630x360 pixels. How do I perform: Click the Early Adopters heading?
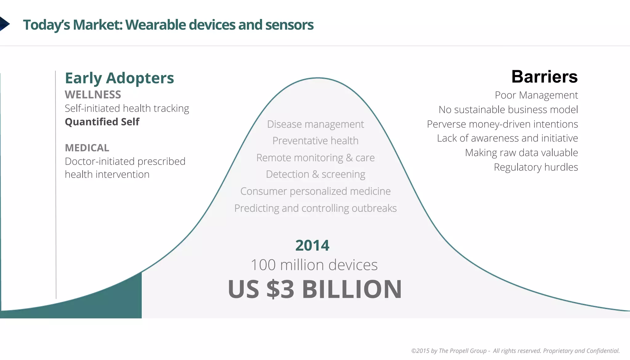[x=119, y=78]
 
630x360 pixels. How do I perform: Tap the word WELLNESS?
[x=93, y=95]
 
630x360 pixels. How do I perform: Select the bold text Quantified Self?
[x=102, y=122]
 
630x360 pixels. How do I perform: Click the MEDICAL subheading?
[x=87, y=148]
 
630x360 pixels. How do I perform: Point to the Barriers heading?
[x=544, y=77]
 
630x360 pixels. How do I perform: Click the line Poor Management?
[x=536, y=95]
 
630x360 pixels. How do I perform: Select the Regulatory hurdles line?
[x=536, y=167]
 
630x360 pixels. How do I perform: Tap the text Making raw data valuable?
[x=521, y=153]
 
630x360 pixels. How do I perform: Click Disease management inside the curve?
[x=315, y=124]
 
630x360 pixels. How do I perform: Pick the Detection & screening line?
[x=315, y=174]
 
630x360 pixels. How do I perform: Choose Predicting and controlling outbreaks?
[x=315, y=208]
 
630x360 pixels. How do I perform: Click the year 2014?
[x=312, y=246]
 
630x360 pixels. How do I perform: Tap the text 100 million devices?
[x=314, y=265]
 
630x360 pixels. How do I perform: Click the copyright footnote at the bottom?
[x=515, y=351]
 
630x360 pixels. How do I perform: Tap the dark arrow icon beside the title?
[x=4, y=24]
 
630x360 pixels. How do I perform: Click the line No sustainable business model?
[x=508, y=110]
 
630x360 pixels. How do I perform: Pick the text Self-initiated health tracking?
[x=127, y=109]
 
